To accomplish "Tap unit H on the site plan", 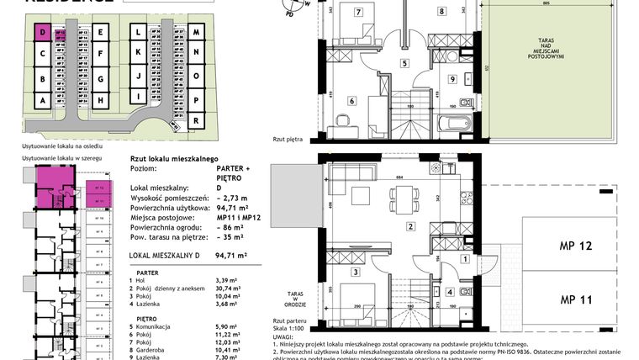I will [x=100, y=100].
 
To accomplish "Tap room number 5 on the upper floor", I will [x=404, y=63].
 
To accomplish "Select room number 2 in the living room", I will [x=410, y=226].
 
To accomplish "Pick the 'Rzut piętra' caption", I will [x=290, y=140].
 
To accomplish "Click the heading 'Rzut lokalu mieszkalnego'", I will [x=174, y=158].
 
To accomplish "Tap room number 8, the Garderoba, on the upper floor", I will [x=441, y=12].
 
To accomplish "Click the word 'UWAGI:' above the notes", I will [x=283, y=334].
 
